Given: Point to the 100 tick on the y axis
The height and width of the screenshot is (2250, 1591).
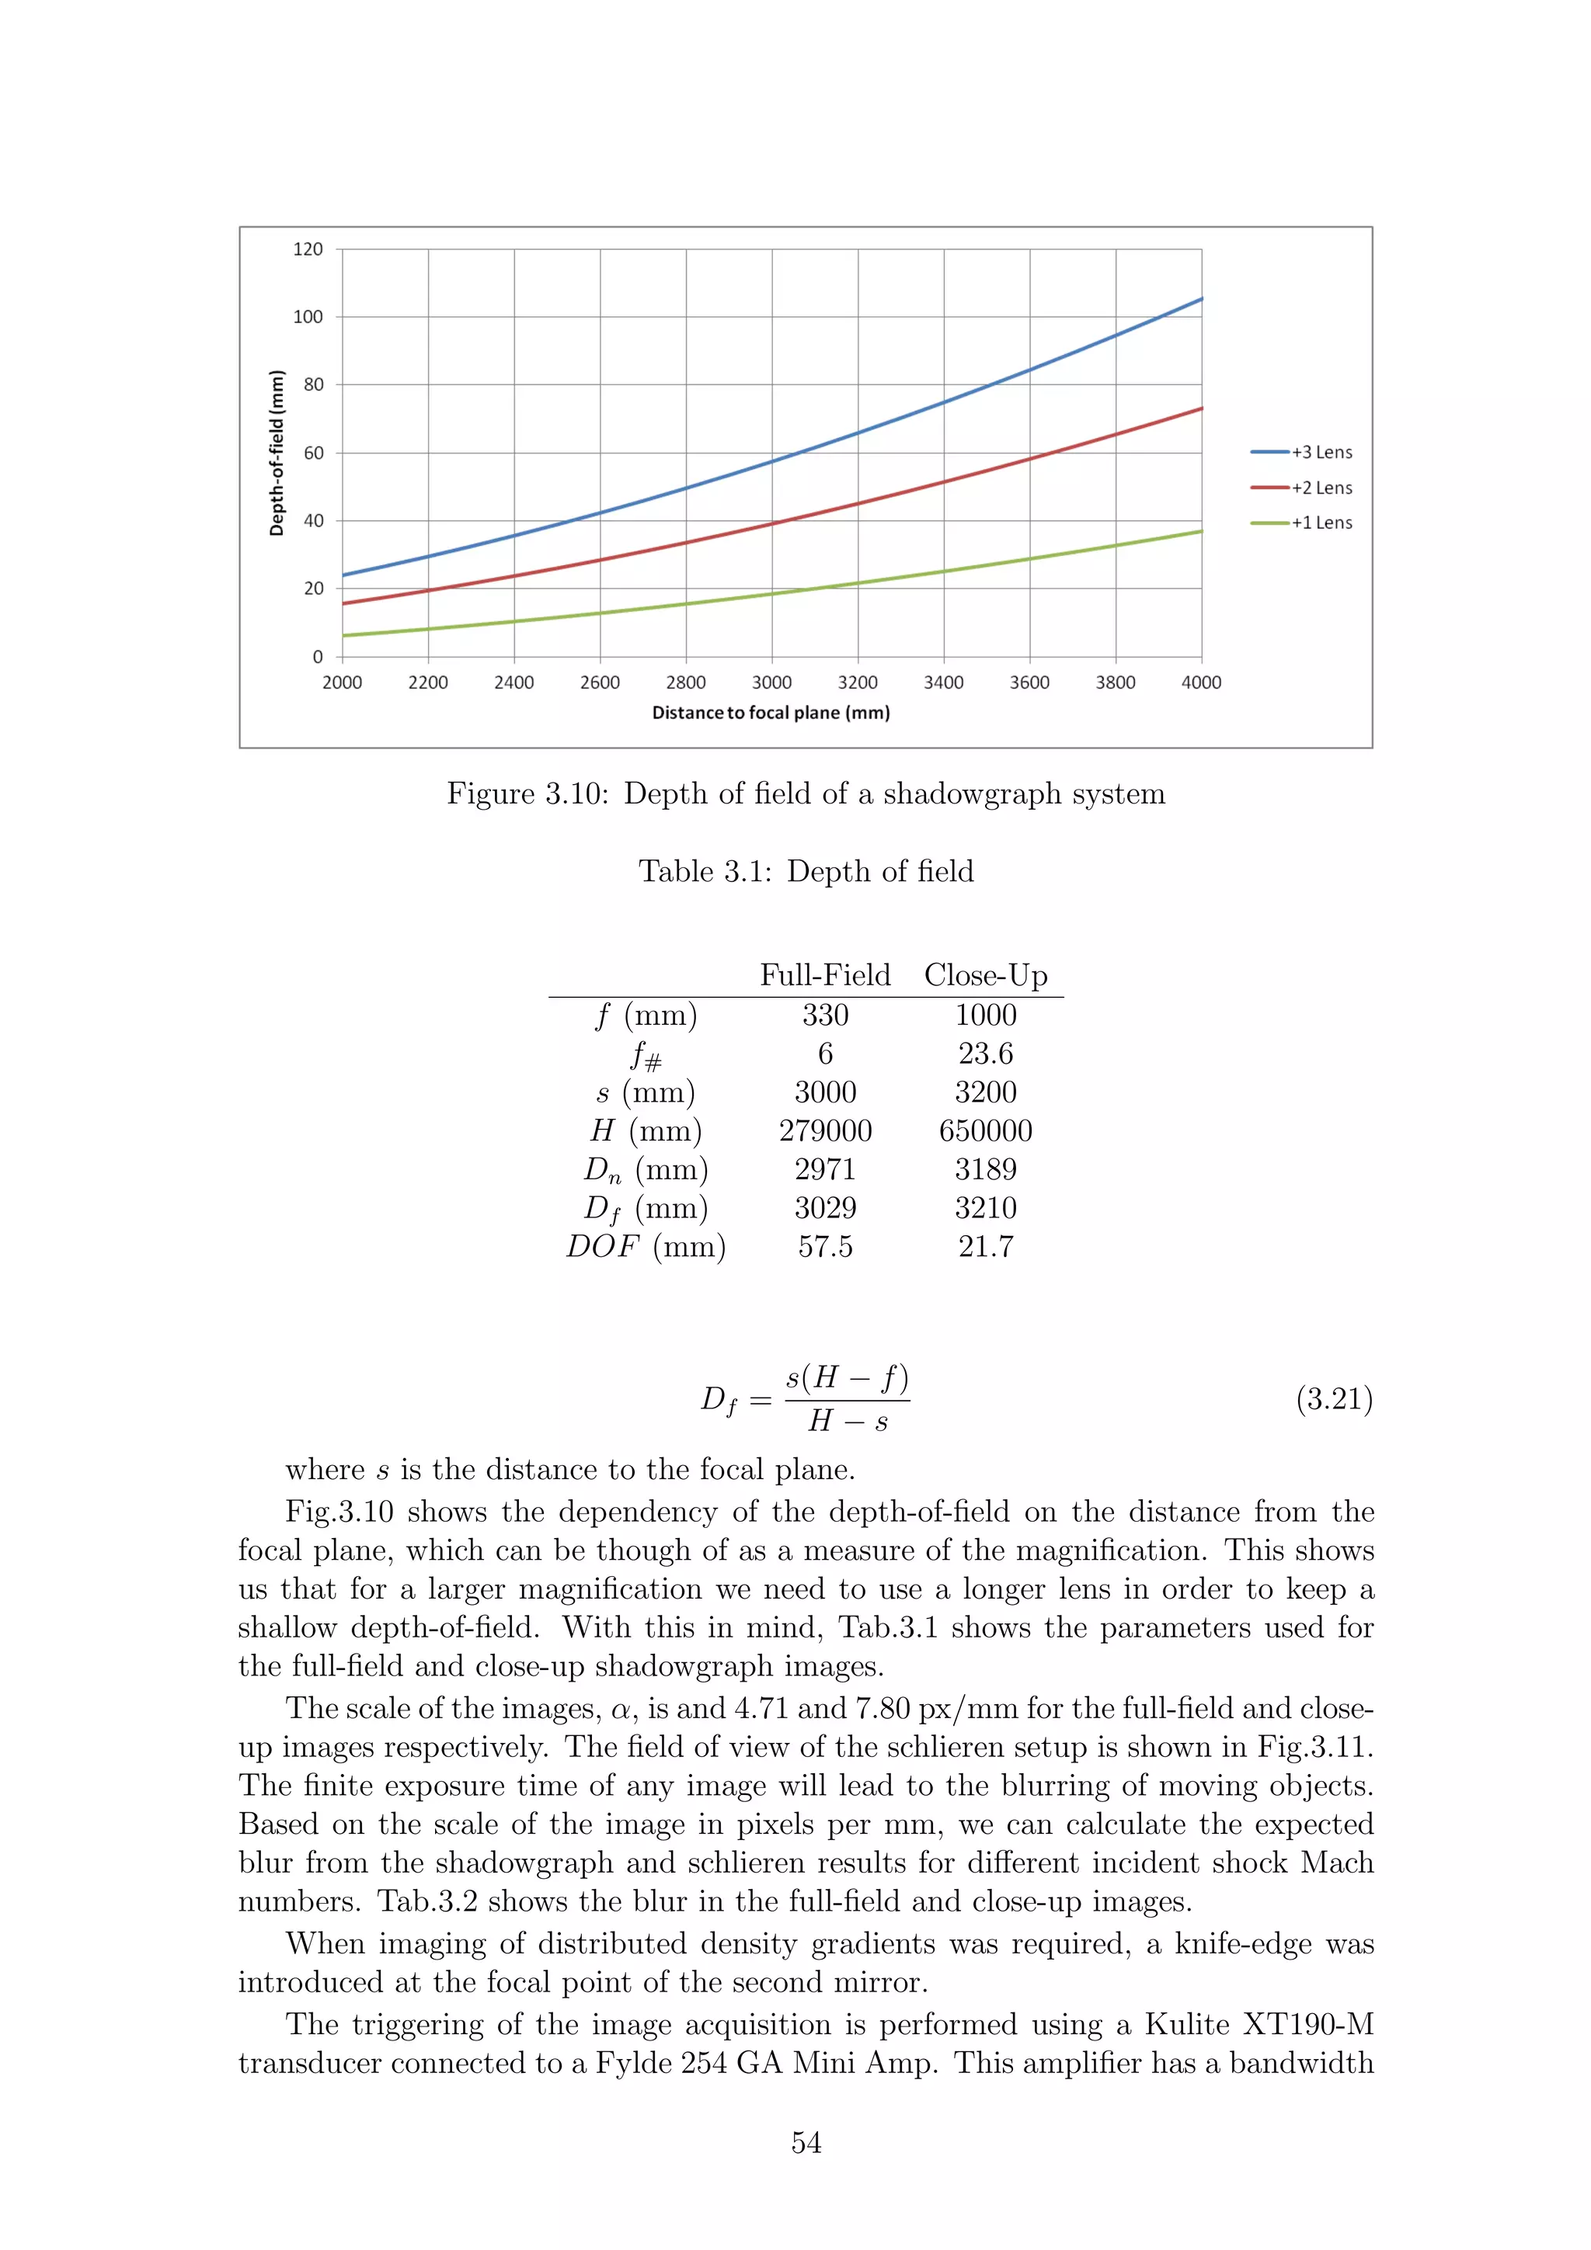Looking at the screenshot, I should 308,317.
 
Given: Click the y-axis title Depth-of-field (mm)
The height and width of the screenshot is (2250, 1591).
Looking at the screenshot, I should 277,453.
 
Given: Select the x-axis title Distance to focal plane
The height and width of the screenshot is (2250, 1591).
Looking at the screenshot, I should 771,713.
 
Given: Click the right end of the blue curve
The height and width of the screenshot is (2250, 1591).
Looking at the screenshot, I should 1201,299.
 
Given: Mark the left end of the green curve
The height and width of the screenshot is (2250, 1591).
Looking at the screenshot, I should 343,636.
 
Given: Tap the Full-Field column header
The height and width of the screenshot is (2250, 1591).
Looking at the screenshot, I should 825,975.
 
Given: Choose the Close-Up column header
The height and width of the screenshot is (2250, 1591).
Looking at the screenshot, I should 985,975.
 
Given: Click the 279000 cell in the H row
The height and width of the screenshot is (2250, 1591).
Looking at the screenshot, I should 825,1131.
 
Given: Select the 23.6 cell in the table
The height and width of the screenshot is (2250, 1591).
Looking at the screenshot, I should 985,1054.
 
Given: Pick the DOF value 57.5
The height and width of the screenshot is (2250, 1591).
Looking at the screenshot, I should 825,1247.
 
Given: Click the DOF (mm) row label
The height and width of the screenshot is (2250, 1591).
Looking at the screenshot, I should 646,1247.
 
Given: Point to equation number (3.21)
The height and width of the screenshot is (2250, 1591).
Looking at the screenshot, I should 1334,1398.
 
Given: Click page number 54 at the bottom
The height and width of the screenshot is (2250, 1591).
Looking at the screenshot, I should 806,2142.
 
